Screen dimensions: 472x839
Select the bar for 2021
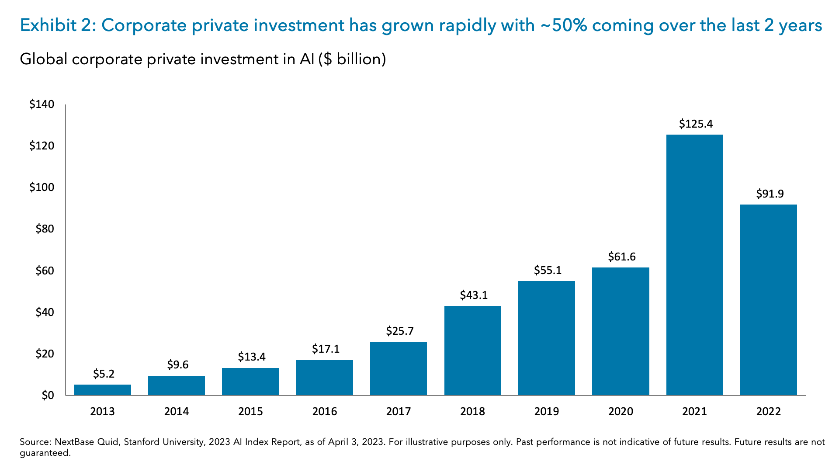point(694,265)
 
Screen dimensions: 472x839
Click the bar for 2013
point(103,390)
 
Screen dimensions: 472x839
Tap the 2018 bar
point(472,351)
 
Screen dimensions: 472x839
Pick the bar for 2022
point(768,300)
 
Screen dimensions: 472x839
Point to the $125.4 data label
point(696,124)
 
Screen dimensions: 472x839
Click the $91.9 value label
point(770,194)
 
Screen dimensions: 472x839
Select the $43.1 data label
point(474,295)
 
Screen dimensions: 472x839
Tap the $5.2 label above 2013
point(104,374)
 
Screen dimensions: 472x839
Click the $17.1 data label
point(326,349)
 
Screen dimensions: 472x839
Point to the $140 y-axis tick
point(42,104)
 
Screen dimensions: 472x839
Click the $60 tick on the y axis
point(45,271)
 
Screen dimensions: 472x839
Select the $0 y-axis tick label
point(48,396)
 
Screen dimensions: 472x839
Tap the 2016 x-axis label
point(324,412)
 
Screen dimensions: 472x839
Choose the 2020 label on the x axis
point(621,412)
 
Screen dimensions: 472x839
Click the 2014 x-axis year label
point(177,412)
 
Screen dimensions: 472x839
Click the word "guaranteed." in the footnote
point(45,453)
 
